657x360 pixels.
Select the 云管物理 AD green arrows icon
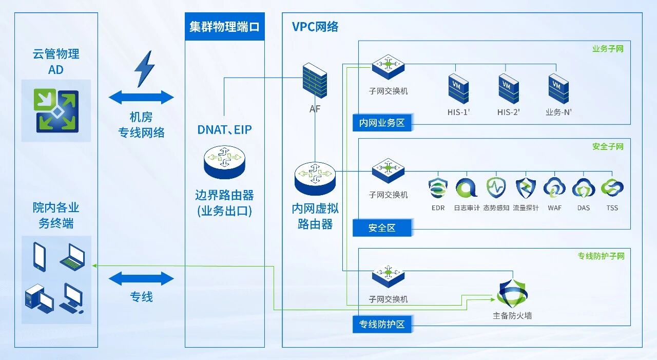pyautogui.click(x=56, y=110)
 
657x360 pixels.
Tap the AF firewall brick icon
pyautogui.click(x=315, y=81)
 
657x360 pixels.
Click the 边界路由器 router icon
pyautogui.click(x=224, y=161)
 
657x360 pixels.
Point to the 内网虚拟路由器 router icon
pyautogui.click(x=315, y=178)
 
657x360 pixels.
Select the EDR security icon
pyautogui.click(x=438, y=188)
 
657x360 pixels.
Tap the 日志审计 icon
pyautogui.click(x=467, y=188)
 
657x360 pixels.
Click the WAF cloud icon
pyautogui.click(x=554, y=188)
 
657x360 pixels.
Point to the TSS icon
pyautogui.click(x=612, y=188)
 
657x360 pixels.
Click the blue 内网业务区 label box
pyautogui.click(x=382, y=123)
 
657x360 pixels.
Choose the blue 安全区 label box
pyautogui.click(x=382, y=228)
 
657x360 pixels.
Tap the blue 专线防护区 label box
pyautogui.click(x=382, y=325)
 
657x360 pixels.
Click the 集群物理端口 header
pyautogui.click(x=225, y=27)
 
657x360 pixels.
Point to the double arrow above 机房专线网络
pyautogui.click(x=142, y=97)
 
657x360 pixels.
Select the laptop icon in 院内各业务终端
pyautogui.click(x=72, y=257)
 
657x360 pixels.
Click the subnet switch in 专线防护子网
pyautogui.click(x=388, y=276)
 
